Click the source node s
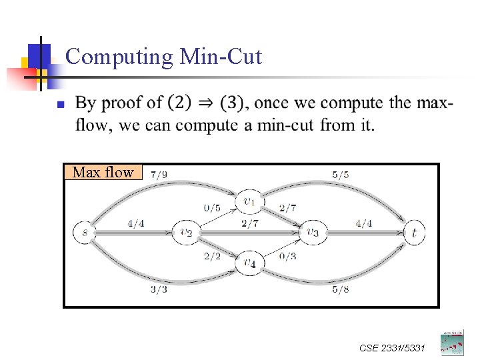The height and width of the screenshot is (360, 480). tap(83, 233)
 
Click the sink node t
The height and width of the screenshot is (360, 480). tap(414, 233)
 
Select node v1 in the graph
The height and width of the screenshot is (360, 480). tap(249, 201)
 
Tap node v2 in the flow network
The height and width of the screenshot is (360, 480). tap(185, 233)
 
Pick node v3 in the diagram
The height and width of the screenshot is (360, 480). tap(312, 233)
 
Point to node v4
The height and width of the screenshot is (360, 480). tap(249, 263)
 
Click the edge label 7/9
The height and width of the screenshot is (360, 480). tap(159, 175)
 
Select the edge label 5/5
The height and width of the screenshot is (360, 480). tap(340, 175)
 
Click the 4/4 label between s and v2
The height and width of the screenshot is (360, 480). tap(136, 224)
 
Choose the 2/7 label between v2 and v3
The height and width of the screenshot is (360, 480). tap(250, 224)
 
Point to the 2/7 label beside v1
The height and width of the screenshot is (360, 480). tap(288, 208)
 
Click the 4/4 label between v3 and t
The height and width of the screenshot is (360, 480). tap(363, 224)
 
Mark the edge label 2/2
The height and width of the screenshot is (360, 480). tap(212, 257)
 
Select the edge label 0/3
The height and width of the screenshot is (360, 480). tap(287, 257)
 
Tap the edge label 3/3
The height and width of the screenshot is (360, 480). tap(159, 289)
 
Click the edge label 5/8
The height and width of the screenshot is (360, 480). tap(340, 289)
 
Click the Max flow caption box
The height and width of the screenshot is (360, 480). tap(103, 173)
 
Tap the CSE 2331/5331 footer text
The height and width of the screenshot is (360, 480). tap(392, 348)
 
